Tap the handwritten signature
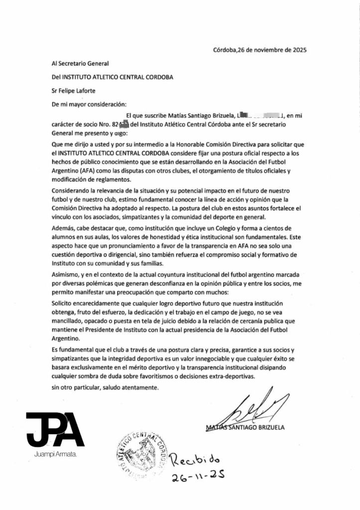(259, 408)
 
